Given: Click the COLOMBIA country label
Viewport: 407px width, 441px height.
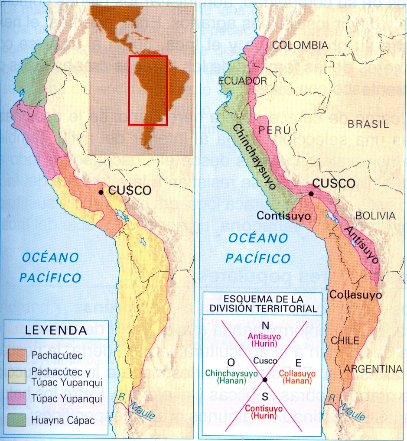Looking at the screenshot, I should (300, 45).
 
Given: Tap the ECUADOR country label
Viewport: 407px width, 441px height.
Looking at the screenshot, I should (242, 81).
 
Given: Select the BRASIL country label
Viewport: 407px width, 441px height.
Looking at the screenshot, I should (368, 124).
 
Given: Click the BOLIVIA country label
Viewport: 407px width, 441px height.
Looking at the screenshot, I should (375, 216).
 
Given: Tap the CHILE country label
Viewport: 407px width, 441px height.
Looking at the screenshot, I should (345, 341).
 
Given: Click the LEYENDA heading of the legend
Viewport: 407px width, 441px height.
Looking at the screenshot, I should (56, 331).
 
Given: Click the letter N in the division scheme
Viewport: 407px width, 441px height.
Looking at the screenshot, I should (266, 326).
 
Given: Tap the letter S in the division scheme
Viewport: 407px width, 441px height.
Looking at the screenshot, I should (265, 396).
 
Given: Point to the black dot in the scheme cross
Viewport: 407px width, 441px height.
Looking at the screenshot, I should (264, 380).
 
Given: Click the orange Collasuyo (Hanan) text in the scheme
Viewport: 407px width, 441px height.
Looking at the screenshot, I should (296, 377).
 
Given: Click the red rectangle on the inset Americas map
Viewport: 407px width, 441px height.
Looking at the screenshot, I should (148, 91).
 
